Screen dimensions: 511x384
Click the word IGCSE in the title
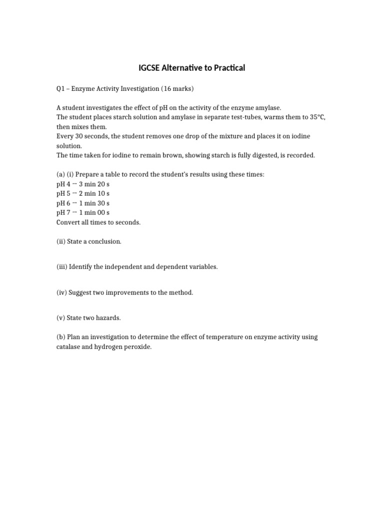point(150,68)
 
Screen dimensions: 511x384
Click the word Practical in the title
point(226,68)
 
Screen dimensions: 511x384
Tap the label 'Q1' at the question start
point(60,89)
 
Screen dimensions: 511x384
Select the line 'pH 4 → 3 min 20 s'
point(83,184)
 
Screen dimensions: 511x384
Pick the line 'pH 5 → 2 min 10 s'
point(83,194)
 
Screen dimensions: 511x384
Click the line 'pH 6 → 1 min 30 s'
point(83,203)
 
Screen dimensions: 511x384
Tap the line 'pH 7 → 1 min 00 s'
point(83,213)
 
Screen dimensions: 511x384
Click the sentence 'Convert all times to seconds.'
point(98,222)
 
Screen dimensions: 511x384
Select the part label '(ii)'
point(61,242)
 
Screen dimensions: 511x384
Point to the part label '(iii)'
point(62,267)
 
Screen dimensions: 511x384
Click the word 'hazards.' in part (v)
point(109,318)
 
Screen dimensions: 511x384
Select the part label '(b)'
point(61,337)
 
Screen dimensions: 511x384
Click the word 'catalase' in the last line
point(68,347)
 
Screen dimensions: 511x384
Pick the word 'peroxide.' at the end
point(137,347)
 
